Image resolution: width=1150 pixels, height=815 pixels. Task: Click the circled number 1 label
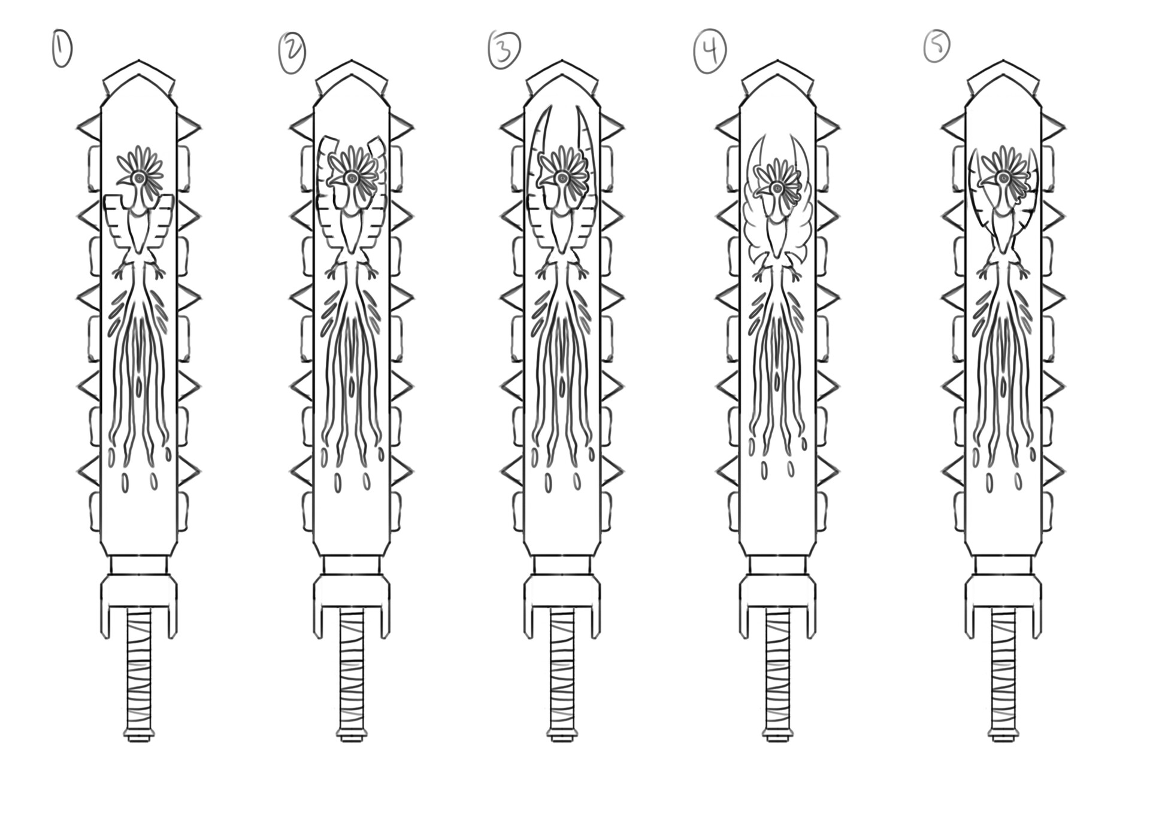point(62,49)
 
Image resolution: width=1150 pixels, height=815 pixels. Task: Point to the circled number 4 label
point(710,51)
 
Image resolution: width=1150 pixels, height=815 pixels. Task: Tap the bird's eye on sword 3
point(562,177)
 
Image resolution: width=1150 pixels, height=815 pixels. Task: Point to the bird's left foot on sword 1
point(120,272)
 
